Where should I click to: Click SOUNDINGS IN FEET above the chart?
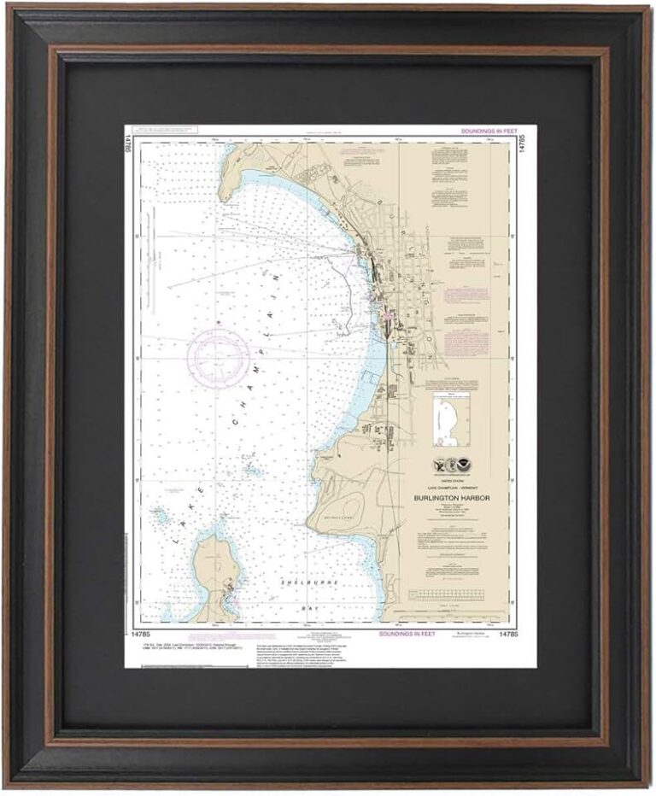pos(488,132)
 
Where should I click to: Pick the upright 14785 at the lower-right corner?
pos(507,635)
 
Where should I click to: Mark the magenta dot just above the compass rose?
pos(219,322)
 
